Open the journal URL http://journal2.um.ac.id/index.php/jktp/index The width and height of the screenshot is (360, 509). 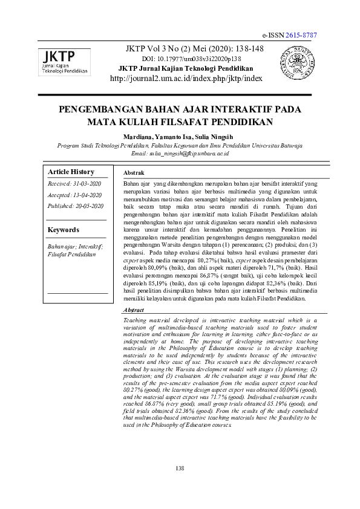tap(186, 79)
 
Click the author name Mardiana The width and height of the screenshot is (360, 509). tap(139, 137)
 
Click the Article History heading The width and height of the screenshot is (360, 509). tap(71, 172)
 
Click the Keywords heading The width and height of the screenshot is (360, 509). tap(64, 230)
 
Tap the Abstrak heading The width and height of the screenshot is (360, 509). tap(133, 173)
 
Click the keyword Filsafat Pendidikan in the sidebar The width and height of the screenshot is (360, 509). tap(72, 254)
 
